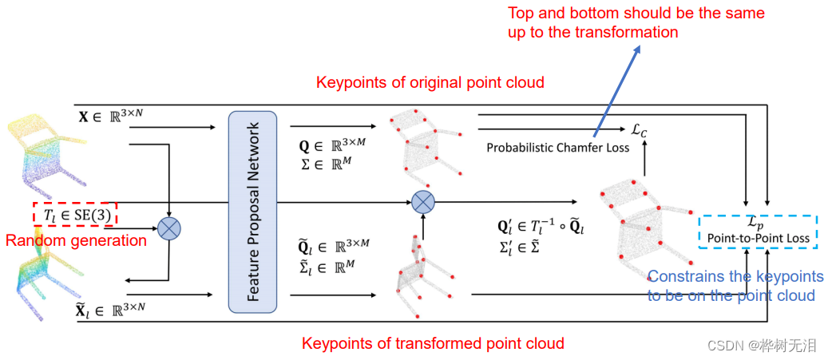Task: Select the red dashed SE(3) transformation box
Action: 76,215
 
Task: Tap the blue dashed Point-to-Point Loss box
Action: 758,231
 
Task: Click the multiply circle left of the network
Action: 169,229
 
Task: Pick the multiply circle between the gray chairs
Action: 422,201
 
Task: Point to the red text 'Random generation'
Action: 76,240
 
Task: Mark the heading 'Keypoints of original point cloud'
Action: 430,82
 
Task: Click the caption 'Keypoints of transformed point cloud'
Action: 433,343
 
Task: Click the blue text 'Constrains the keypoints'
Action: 735,276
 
